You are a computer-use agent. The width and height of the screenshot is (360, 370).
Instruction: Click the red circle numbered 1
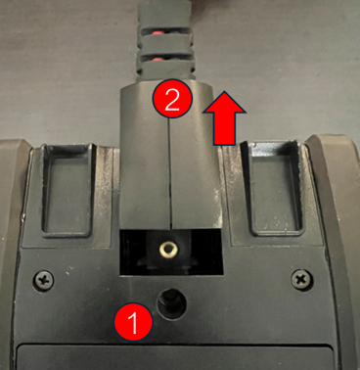coord(133,322)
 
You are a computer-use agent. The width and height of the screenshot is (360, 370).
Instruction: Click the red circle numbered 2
coord(172,98)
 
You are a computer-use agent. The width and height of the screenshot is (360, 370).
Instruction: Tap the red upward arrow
coord(224,117)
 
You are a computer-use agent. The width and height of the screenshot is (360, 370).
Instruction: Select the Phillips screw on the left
coord(44,280)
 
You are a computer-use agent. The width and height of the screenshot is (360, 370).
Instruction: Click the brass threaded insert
coord(168,251)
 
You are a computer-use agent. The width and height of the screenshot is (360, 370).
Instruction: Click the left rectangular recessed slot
coord(67,189)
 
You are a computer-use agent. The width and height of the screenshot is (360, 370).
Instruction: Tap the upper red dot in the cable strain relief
coord(158,33)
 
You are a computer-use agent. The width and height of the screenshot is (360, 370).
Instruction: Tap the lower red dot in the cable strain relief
coord(158,60)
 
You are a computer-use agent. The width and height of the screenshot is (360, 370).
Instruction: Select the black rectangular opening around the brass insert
coord(171,252)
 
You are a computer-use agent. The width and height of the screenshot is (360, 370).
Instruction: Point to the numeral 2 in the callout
coord(172,99)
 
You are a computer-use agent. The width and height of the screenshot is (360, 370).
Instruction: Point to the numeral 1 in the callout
coord(134,323)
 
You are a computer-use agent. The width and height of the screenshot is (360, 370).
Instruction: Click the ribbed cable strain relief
coord(164,42)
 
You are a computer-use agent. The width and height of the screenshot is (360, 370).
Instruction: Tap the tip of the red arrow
coord(224,91)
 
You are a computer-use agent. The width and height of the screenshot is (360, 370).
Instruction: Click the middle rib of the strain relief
coord(164,45)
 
